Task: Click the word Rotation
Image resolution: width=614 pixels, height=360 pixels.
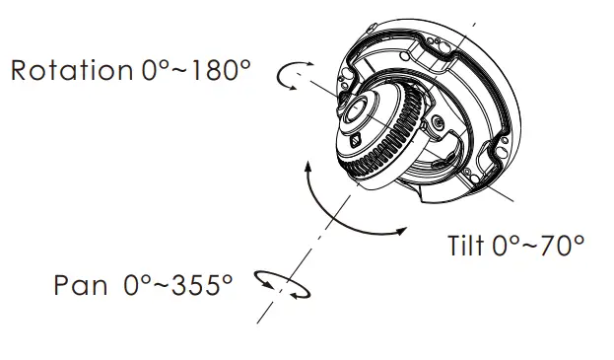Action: tap(72, 71)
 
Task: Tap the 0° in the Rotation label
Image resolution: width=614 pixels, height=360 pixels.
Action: tap(155, 70)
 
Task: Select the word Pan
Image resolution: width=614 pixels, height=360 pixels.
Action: tap(80, 285)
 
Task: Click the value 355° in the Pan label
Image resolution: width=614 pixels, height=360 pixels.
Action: tap(202, 285)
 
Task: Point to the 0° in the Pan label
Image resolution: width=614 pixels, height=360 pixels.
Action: tap(137, 285)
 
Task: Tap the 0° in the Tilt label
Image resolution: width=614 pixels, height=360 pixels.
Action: tap(506, 246)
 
